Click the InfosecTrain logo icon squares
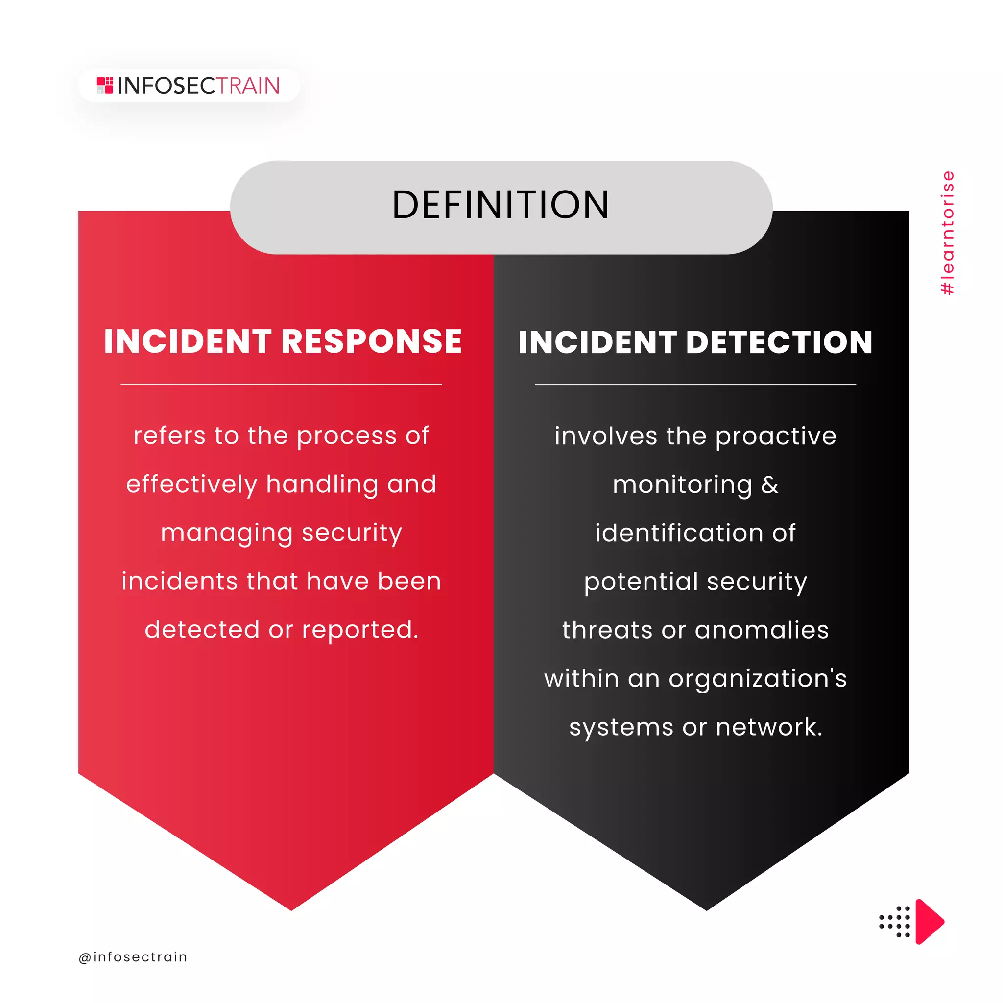105,85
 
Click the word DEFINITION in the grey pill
501,205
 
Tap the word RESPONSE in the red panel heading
371,342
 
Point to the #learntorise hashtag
948,233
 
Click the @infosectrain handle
133,957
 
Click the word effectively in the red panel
191,484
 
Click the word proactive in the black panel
776,436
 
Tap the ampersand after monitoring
770,484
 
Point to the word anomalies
762,630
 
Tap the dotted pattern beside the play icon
894,922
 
